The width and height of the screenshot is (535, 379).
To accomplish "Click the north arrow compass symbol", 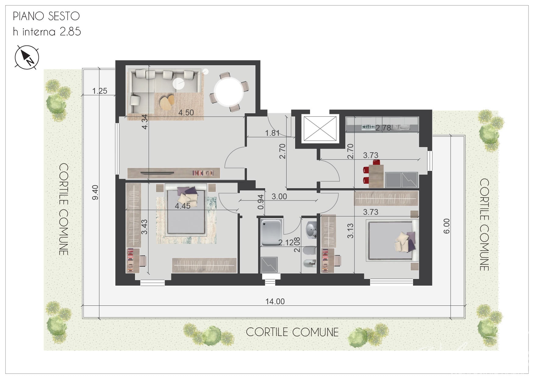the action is click(x=27, y=57).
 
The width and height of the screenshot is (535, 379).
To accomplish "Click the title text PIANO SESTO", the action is click(x=46, y=16).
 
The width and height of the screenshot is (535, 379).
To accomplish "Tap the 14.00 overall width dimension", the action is click(x=275, y=301).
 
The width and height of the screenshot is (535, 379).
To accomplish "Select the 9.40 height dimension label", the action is click(x=95, y=193).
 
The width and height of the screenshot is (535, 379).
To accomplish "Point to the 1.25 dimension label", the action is click(x=100, y=91).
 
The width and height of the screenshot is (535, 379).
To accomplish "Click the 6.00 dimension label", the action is click(x=446, y=226).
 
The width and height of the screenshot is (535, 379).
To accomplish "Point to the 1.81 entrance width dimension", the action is click(x=272, y=133).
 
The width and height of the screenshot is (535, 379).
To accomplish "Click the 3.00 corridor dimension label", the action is click(x=279, y=197).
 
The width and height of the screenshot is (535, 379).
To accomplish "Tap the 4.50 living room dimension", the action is click(x=186, y=113).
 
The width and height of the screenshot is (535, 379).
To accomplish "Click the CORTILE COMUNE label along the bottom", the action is click(x=292, y=332).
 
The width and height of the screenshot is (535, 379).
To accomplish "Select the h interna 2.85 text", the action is click(x=47, y=31).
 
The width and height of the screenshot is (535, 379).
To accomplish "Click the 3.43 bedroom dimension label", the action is click(x=144, y=227).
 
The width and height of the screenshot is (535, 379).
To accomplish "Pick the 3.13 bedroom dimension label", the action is click(x=350, y=231).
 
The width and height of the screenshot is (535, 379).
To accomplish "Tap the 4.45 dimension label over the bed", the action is click(x=183, y=206).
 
